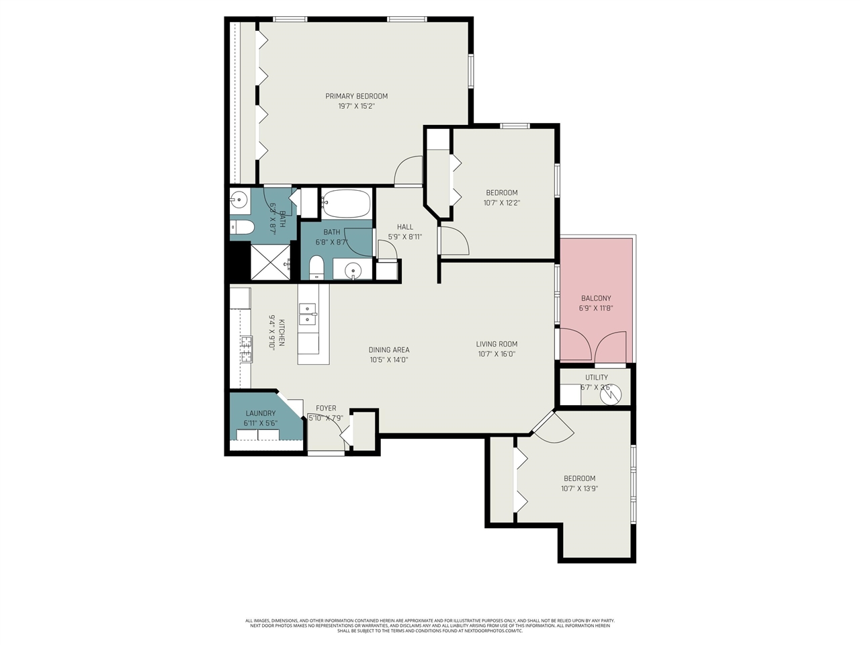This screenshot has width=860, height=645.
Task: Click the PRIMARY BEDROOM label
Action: click(x=356, y=96)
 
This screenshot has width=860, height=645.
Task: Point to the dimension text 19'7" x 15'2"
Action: click(x=356, y=106)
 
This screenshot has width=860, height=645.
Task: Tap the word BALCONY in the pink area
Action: click(x=596, y=298)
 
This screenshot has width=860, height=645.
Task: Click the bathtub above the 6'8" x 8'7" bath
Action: click(x=346, y=204)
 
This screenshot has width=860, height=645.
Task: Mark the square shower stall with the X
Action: click(x=270, y=262)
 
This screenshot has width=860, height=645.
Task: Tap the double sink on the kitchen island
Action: click(x=307, y=314)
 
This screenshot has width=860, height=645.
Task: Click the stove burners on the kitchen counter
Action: click(x=247, y=349)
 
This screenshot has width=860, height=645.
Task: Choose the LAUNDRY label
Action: click(x=260, y=414)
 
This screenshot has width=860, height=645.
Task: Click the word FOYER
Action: click(x=326, y=408)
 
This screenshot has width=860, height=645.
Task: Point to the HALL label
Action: click(x=405, y=227)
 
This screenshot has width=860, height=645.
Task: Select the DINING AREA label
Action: click(x=388, y=350)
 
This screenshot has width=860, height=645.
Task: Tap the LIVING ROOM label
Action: click(x=497, y=344)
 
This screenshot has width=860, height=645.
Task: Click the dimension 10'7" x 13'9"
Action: click(x=579, y=489)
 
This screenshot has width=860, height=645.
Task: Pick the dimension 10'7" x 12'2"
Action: click(x=502, y=203)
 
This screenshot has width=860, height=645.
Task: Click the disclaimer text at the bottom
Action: click(x=430, y=626)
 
